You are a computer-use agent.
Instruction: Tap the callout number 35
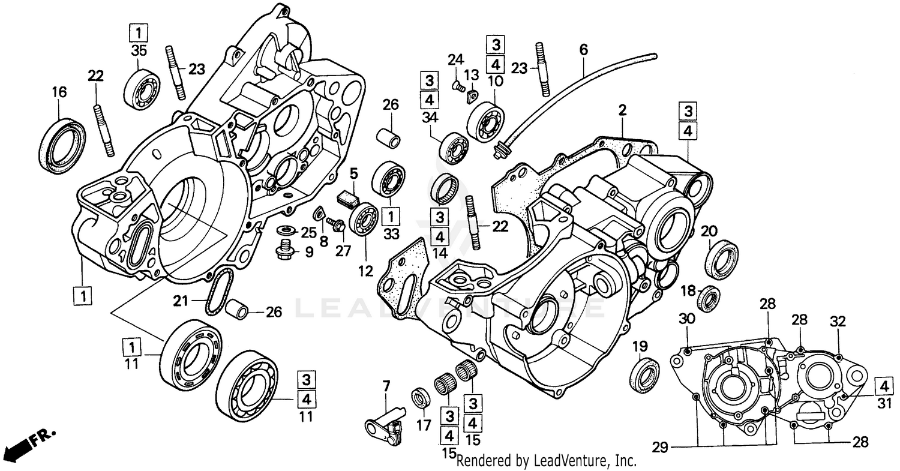[139, 52]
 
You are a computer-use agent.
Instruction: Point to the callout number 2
[622, 110]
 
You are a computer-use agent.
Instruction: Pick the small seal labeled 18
[711, 298]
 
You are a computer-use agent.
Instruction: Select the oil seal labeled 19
[644, 374]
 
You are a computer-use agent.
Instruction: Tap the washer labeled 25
[287, 230]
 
